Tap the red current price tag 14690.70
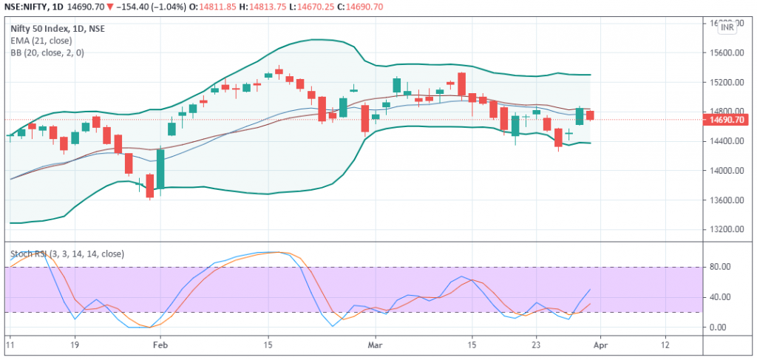click(x=725, y=120)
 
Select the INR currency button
click(x=727, y=27)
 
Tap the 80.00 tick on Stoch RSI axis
click(x=720, y=267)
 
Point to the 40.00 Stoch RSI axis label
click(x=720, y=297)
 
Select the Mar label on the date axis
click(x=376, y=344)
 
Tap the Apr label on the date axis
click(x=600, y=344)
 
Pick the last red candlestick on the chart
click(x=590, y=115)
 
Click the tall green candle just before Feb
click(x=160, y=169)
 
